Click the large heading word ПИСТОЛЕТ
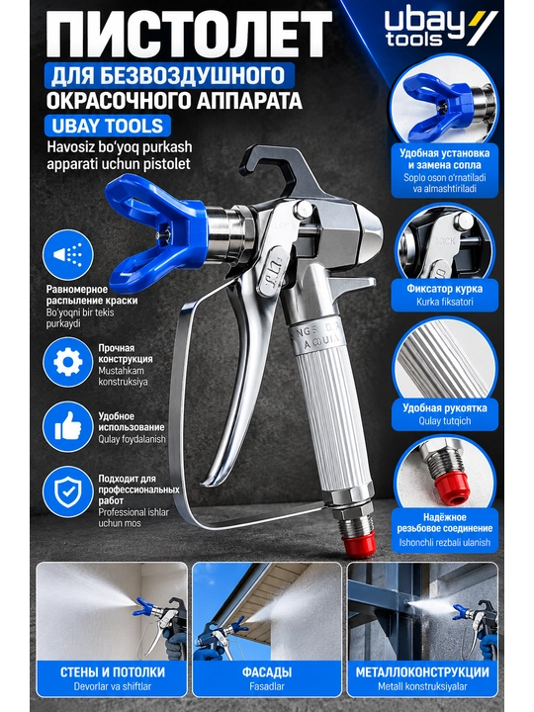pos(189,35)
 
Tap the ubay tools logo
pos(440,28)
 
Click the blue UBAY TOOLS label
pos(107,126)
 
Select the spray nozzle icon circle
pos(67,254)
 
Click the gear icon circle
pos(67,362)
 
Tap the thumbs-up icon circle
pos(67,427)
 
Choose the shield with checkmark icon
pos(67,491)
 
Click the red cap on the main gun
pos(359,544)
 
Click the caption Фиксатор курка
pos(445,289)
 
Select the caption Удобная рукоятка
pos(445,407)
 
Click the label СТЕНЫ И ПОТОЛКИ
pos(112,672)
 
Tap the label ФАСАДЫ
pos(267,672)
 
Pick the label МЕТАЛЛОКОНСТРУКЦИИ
pos(422,672)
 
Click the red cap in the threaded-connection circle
pos(451,488)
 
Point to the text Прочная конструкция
pos(126,353)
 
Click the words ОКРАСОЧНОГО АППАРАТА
pos(174,101)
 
